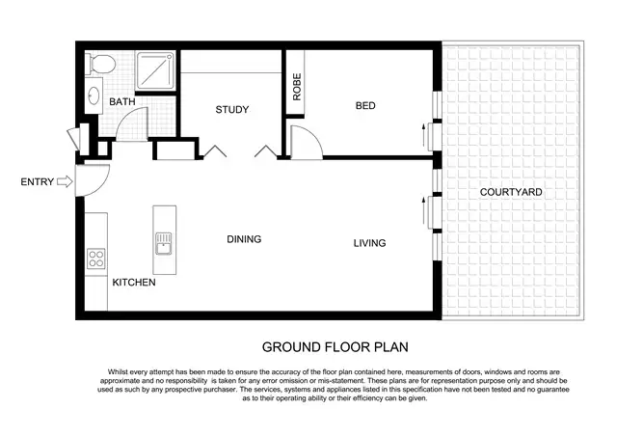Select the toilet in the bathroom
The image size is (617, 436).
point(98,65)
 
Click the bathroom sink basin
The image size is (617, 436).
point(94,96)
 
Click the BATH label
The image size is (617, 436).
point(121,102)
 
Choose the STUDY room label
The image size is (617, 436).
point(232,110)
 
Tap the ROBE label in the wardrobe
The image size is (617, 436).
point(297,88)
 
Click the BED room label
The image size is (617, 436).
point(364,105)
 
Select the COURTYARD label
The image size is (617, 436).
point(511,193)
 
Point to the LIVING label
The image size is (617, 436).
point(369,243)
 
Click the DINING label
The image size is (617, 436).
point(244,239)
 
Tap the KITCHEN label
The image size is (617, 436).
point(134,283)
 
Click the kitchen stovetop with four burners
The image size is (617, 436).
point(96,259)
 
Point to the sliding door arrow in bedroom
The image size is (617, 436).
point(423,135)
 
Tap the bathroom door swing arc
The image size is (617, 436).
point(130,123)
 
